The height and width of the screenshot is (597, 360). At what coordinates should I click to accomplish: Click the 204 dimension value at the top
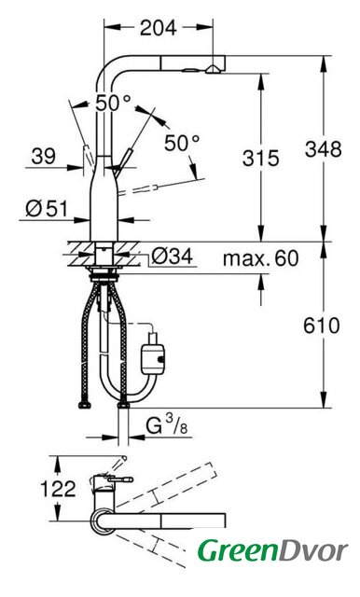pos(159,28)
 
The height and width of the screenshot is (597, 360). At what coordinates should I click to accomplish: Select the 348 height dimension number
pos(323,149)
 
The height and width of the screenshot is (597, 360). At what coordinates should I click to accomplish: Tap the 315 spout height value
pos(261,159)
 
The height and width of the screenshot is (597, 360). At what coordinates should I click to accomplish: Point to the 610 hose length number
pos(322,326)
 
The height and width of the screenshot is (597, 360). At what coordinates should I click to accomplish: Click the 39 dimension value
pos(44,156)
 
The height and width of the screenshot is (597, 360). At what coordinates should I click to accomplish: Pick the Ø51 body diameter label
pos(47,209)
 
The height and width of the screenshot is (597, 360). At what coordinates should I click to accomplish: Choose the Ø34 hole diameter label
pos(172,257)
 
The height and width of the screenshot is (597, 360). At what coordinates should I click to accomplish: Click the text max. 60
pos(261,258)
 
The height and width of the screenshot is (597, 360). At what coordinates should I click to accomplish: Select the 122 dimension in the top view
pos(58,489)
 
